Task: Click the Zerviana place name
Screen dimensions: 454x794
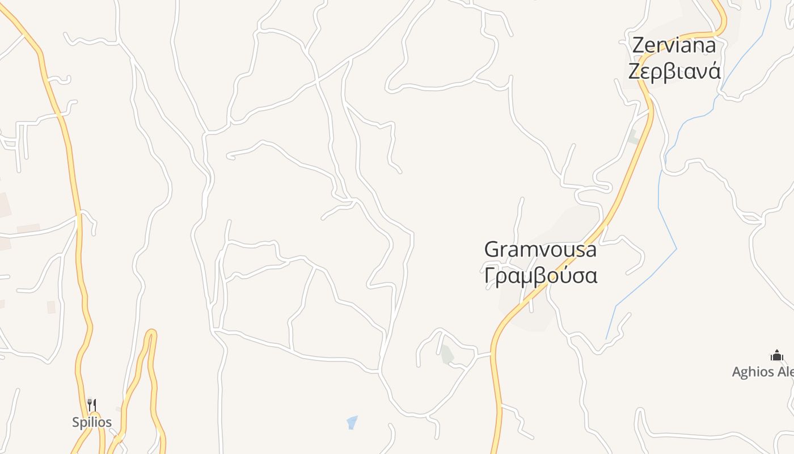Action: (674, 45)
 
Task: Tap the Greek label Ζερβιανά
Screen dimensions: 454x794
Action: (674, 72)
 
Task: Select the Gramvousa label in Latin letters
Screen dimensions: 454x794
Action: (540, 250)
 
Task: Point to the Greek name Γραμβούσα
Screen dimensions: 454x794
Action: (540, 276)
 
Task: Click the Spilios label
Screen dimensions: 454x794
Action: (92, 422)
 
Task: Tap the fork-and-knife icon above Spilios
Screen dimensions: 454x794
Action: (92, 405)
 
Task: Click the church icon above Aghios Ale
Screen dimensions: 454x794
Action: (776, 356)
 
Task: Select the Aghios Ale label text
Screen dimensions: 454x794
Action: (763, 372)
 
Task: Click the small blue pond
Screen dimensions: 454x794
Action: (352, 422)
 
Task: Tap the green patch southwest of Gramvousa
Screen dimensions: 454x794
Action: (447, 354)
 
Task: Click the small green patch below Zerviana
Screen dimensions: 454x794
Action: (633, 137)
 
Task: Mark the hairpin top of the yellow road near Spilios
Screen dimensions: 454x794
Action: (150, 332)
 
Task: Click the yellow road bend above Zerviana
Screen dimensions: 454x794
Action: (722, 26)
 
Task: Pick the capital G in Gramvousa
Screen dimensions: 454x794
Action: (492, 250)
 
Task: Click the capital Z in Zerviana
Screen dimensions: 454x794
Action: (639, 45)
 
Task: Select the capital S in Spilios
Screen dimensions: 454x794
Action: (75, 422)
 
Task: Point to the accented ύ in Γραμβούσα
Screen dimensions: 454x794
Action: (561, 275)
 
